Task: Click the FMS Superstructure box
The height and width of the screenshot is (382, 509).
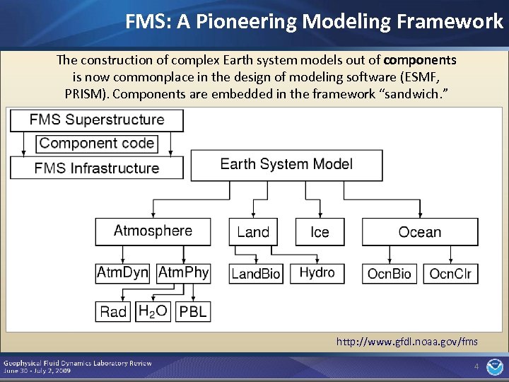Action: pos(96,120)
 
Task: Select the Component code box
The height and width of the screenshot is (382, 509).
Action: pos(97,144)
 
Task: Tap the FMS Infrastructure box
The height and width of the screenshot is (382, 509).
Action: pos(96,168)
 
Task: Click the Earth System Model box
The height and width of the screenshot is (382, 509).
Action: pos(286,165)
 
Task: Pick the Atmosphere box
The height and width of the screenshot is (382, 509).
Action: pos(153,231)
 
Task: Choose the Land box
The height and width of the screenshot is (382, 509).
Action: pos(253,232)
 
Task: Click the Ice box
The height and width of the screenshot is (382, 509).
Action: pos(320,232)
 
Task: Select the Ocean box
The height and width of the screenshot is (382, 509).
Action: pos(420,232)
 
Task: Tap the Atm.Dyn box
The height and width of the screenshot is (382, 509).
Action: pos(123,273)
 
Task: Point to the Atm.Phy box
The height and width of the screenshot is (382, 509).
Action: pos(183,273)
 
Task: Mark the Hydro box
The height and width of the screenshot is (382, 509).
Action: pos(317,273)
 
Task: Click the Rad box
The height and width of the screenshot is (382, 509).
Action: pos(113,311)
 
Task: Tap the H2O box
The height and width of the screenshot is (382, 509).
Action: pos(153,311)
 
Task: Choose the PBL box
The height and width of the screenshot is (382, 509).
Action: pos(193,311)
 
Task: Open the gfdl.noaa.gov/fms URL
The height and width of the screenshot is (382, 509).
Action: pos(406,342)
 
